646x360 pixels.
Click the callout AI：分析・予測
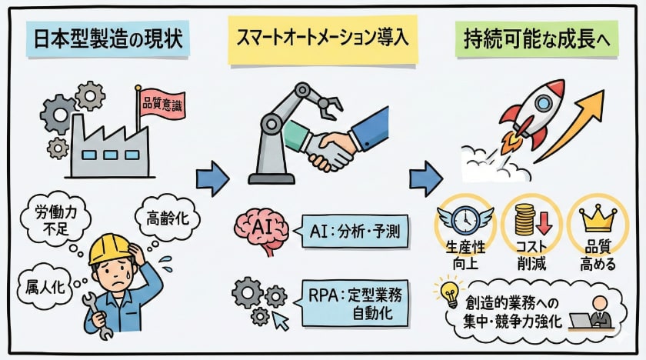click(350, 229)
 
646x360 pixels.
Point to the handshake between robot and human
click(328, 149)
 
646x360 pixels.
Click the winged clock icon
click(465, 219)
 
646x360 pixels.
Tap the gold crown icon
click(595, 218)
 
